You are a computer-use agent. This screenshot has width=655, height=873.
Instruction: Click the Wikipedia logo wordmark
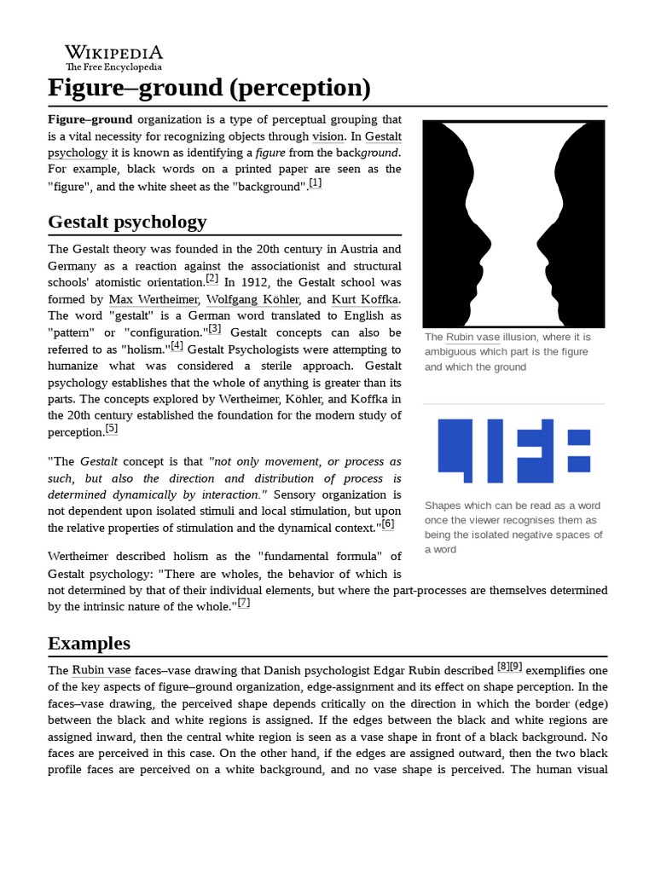[x=114, y=52]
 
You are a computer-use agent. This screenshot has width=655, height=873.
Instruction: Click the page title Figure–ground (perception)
[x=209, y=89]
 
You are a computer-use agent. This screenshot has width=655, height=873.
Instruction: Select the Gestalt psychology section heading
[x=127, y=223]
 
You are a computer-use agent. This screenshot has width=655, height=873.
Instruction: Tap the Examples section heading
[x=89, y=643]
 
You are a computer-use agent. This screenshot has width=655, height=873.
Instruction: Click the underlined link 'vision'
[x=327, y=136]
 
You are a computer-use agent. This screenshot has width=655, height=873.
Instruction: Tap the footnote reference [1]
[x=316, y=183]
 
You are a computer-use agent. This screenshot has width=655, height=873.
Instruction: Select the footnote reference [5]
[x=112, y=429]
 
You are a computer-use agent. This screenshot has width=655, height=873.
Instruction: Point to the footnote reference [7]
[x=244, y=603]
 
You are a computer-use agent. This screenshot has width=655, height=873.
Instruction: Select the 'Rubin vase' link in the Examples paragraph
[x=101, y=670]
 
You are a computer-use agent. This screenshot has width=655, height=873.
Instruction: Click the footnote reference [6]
[x=388, y=524]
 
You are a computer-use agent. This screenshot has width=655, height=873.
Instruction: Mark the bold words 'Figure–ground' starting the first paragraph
[x=90, y=120]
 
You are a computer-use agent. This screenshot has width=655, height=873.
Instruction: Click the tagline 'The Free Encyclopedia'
[x=114, y=66]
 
